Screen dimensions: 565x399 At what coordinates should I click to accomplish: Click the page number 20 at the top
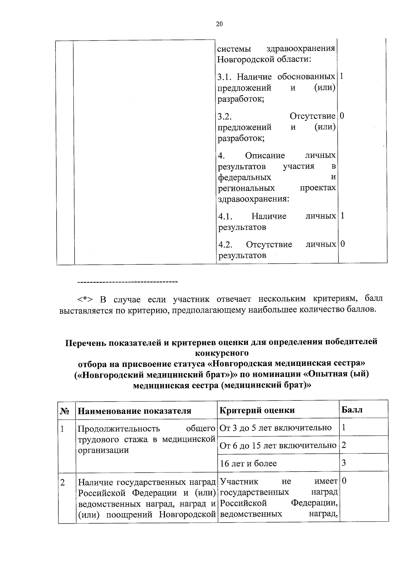(x=219, y=24)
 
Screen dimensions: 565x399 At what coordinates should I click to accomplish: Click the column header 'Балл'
(x=352, y=410)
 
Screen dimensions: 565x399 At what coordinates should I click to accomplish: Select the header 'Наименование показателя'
(x=134, y=411)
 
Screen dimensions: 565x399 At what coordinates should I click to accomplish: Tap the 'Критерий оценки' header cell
(x=257, y=410)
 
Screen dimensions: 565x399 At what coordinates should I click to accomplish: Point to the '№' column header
(x=65, y=411)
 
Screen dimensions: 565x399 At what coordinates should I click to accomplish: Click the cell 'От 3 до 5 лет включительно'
(x=276, y=427)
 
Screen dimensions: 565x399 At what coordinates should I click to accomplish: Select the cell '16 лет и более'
(x=248, y=463)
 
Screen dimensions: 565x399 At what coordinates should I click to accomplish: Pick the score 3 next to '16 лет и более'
(x=344, y=462)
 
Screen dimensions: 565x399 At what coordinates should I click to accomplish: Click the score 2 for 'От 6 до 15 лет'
(x=344, y=445)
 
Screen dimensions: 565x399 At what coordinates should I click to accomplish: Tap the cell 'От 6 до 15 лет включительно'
(x=278, y=445)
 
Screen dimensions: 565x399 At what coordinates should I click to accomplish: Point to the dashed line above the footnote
(x=128, y=282)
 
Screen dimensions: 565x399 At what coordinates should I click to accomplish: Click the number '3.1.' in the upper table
(x=225, y=77)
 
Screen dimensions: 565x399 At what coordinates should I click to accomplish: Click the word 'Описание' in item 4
(x=265, y=155)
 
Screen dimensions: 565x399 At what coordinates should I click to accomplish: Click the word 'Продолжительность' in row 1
(x=119, y=428)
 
